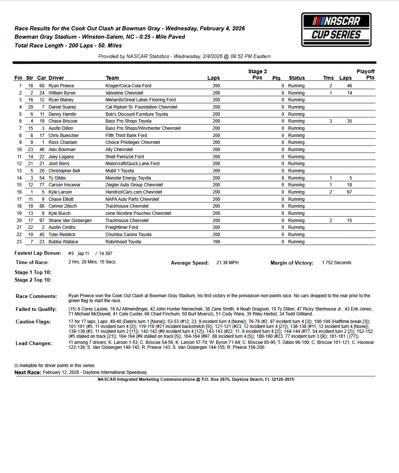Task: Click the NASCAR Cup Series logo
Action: (x=336, y=30)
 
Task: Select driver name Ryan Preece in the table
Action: (x=61, y=86)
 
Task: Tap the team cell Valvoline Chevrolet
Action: (x=124, y=93)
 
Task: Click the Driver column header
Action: (x=56, y=78)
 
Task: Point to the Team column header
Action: (x=112, y=78)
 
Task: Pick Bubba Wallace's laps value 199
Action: (x=216, y=242)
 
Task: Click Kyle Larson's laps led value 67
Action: (x=349, y=192)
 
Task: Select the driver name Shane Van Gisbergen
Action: (x=70, y=221)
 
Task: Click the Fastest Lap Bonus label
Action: (x=38, y=253)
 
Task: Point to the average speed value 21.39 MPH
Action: (x=227, y=263)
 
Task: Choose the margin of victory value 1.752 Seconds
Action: (x=336, y=263)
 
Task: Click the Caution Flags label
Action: (x=33, y=322)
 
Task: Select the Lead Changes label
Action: (x=34, y=343)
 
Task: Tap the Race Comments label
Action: (x=36, y=296)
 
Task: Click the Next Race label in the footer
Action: (x=28, y=372)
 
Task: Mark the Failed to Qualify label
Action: (x=36, y=309)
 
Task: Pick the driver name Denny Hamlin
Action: (x=62, y=114)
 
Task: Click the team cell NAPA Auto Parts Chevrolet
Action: (x=132, y=199)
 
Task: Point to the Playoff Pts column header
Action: (x=366, y=74)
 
